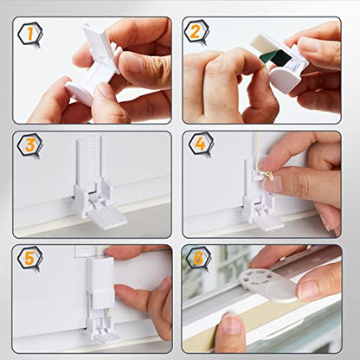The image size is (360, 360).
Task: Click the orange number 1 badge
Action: pos(30,35)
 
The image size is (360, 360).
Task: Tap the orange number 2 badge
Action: pos(196,32)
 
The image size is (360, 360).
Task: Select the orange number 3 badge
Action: pos(30,146)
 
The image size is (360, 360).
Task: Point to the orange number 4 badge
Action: pos(202,145)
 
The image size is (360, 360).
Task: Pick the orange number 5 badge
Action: pos(29,259)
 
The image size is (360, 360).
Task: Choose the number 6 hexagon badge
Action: pos(198,259)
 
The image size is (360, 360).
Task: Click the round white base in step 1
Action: pos(80,93)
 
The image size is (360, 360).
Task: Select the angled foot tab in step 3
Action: pos(108,218)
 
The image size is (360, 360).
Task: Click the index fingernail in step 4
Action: pos(274,183)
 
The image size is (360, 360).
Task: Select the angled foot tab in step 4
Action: pos(270,222)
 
